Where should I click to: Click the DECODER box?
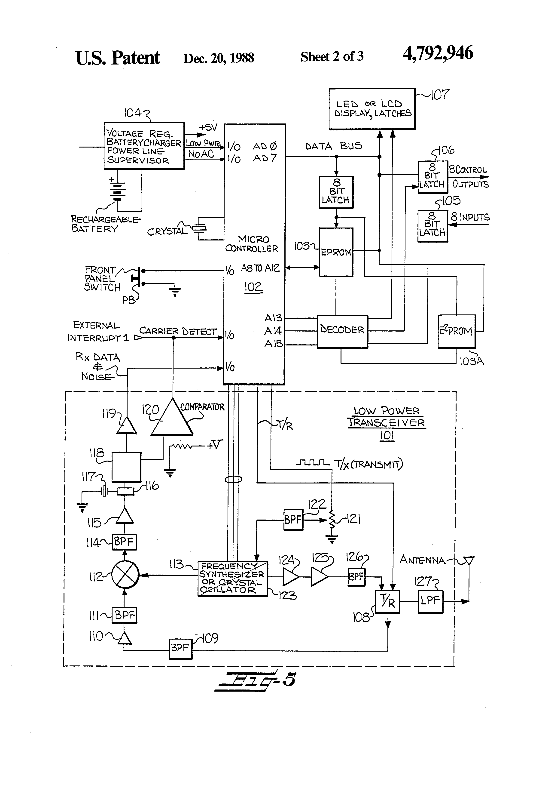pos(342,332)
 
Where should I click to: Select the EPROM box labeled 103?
pos(336,252)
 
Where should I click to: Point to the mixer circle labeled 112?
pos(125,575)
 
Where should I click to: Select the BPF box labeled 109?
pos(180,648)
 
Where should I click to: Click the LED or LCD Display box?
pos(372,109)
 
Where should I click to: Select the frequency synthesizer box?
pos(232,579)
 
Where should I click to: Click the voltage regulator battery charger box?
pos(144,146)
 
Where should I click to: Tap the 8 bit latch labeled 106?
pos(432,177)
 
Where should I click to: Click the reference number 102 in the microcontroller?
pos(253,287)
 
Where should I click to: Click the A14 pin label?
pos(273,331)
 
